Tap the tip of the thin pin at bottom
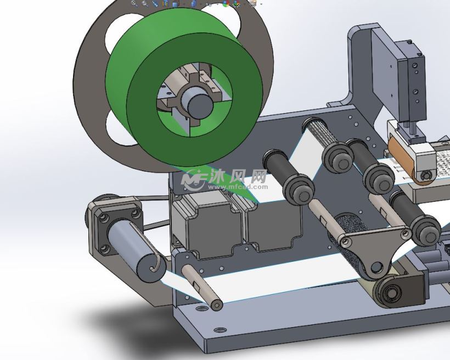216,303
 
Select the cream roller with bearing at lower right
387,290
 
